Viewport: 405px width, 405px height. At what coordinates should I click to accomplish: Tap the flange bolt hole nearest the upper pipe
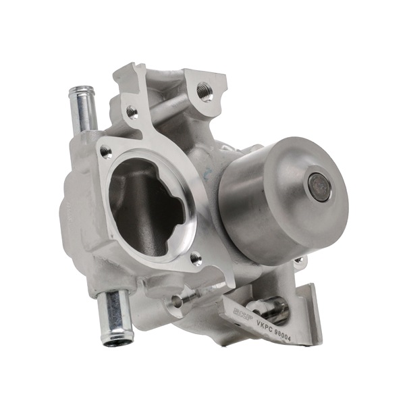106,152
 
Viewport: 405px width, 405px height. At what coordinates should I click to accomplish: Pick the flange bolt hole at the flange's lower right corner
195,258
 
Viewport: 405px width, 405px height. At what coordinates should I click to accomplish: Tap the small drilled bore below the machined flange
177,302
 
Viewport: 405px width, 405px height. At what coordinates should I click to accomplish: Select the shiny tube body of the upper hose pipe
83,111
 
